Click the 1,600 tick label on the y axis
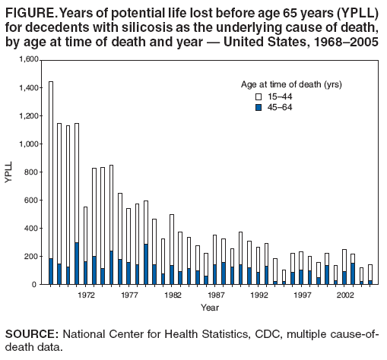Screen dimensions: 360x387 (27, 59)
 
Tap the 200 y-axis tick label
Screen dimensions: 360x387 (31, 256)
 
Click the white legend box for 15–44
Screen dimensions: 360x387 (258, 97)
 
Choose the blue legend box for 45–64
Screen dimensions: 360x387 (258, 108)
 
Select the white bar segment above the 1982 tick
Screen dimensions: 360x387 (172, 239)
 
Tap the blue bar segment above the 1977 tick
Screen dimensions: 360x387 (128, 273)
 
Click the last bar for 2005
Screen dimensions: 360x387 (371, 273)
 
